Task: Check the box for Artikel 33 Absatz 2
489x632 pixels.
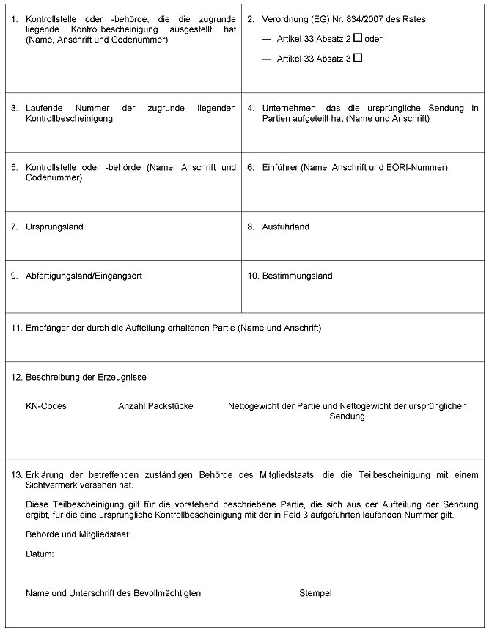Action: (x=358, y=37)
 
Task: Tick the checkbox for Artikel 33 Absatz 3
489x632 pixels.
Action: (x=358, y=57)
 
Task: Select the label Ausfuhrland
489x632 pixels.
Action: (x=285, y=227)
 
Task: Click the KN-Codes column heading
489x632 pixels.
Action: (x=45, y=406)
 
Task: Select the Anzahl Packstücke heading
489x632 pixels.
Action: (x=155, y=406)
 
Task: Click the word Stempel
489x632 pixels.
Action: (x=315, y=593)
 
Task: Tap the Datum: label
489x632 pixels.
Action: (x=40, y=554)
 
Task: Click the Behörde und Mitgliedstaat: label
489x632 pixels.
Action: (x=78, y=534)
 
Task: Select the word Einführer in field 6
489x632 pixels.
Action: (x=279, y=168)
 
